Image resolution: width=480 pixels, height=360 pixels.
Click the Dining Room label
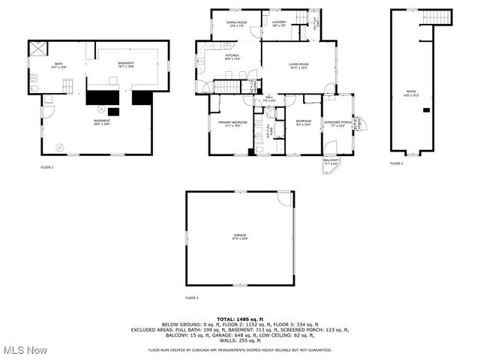coord(236,24)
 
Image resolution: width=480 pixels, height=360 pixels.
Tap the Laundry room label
coord(279,24)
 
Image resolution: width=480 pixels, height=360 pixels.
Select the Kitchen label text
coord(232,57)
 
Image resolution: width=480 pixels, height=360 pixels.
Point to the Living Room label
coord(299,66)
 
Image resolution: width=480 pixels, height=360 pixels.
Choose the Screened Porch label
coord(337,123)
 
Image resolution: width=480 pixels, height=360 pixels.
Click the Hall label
coord(269,98)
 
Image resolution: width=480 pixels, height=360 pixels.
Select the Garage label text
coord(239,237)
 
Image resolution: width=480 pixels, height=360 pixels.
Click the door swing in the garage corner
coord(284,199)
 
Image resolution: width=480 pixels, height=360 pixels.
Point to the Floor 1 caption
coord(47,167)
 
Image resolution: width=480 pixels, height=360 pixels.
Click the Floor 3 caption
coord(395,163)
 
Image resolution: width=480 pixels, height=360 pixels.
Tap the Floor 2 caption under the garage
coord(192,298)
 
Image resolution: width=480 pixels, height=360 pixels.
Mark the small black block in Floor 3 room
coord(426,110)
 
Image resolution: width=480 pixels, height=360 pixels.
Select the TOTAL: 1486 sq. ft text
coord(240,319)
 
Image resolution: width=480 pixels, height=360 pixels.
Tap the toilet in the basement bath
coord(35,88)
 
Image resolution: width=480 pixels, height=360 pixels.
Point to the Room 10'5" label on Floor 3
coord(412,93)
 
